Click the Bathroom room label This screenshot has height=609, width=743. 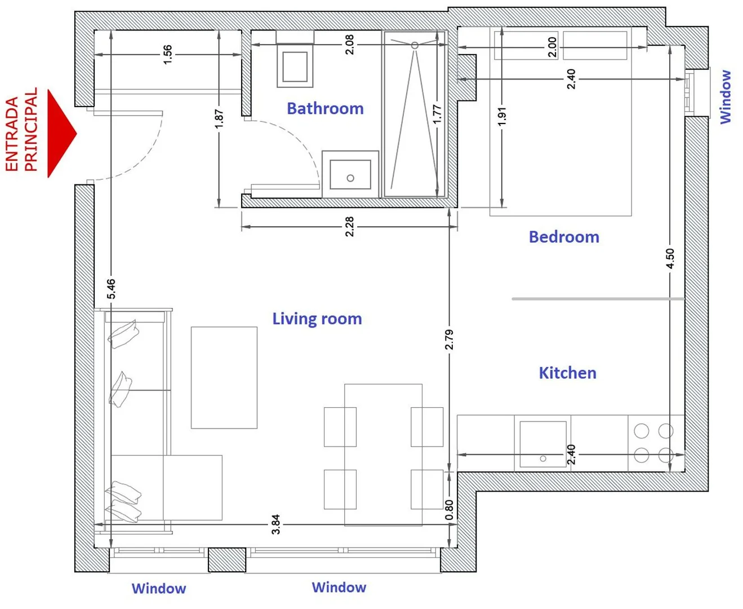pos(325,108)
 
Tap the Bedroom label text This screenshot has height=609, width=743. pos(564,237)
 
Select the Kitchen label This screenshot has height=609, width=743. pos(567,373)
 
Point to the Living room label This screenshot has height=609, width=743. pos(317,319)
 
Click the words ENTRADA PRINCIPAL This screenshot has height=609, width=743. pos(21,130)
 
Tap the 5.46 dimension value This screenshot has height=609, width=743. pos(111,289)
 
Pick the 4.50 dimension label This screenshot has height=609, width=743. pos(670,258)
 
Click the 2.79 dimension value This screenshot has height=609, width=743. pos(449,339)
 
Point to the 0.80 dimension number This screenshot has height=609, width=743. pos(449,510)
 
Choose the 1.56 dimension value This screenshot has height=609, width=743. pos(168,54)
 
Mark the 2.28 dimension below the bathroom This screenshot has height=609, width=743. pos(349,226)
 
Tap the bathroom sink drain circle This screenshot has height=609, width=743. pos(350,178)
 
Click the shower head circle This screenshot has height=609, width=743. pos(415,46)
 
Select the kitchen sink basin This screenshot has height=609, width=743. pos(543,444)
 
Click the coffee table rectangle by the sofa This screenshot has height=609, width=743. pos(224,377)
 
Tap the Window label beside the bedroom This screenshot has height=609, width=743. pos(726,97)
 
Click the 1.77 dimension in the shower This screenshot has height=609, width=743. pos(437,114)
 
